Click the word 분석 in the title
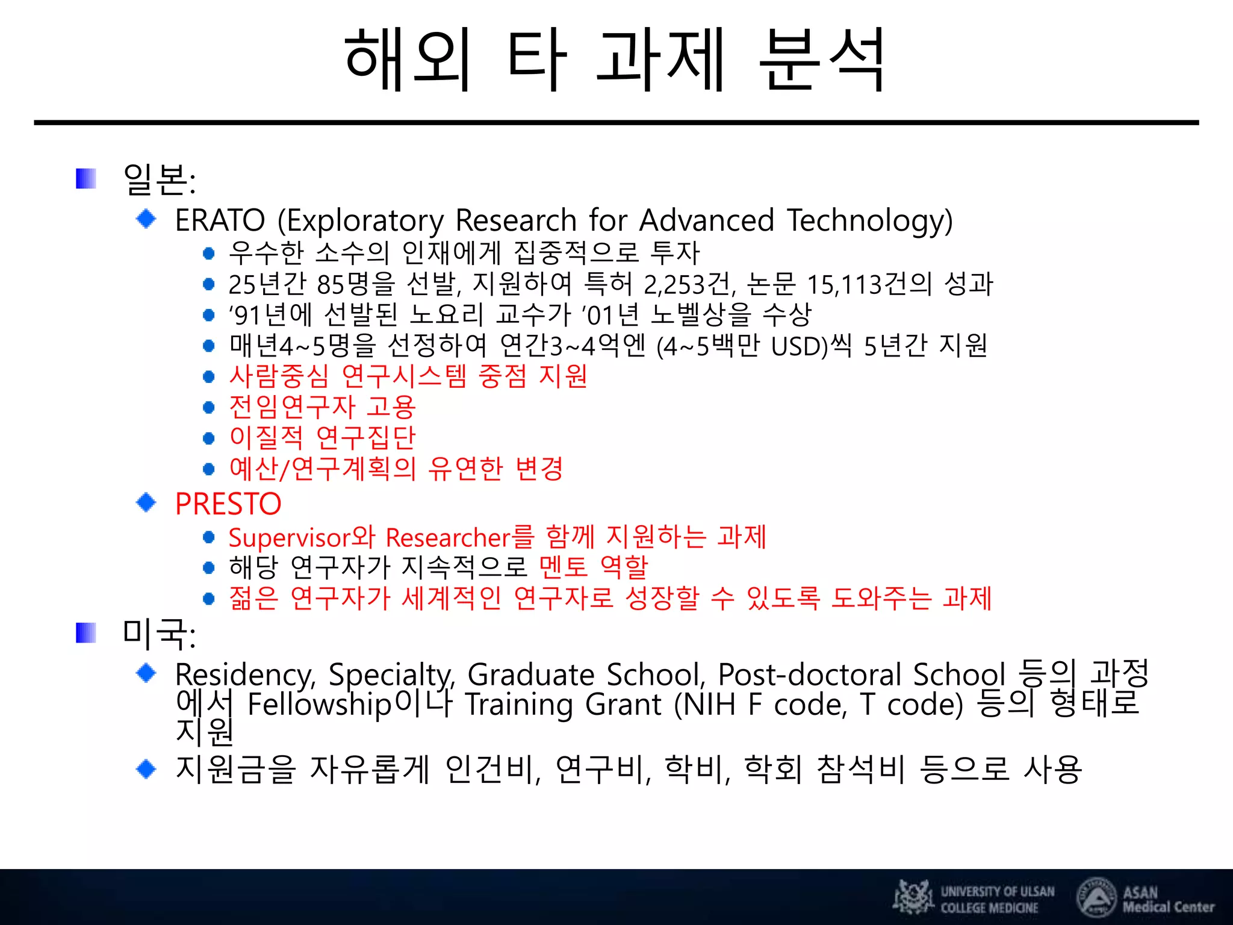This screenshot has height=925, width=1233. coord(821,60)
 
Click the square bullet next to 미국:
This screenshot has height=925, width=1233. coord(86,633)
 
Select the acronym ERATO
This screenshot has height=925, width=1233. coord(220,220)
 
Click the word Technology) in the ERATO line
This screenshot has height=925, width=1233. coord(870,221)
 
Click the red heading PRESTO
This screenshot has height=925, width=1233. coord(228,504)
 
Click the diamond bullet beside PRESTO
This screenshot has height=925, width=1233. coord(146,502)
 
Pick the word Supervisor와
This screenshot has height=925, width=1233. coord(302,537)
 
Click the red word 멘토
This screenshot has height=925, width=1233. coord(563,567)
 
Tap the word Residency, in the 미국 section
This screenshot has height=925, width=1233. coord(246,674)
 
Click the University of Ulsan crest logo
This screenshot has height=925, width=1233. coord(913,897)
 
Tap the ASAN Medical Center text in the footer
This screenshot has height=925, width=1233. coord(1167,899)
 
